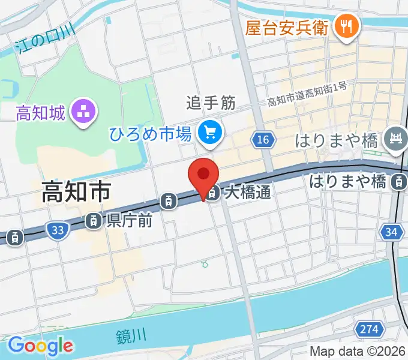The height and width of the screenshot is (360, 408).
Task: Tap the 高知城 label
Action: point(40,112)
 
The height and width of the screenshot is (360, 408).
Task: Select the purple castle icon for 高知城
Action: point(83,112)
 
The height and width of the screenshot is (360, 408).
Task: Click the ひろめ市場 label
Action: point(150,133)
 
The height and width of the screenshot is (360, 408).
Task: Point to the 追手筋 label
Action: point(210,104)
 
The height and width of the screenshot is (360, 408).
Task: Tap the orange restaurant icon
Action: point(346,26)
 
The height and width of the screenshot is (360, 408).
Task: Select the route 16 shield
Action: point(262,140)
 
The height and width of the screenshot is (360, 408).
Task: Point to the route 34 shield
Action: point(392,231)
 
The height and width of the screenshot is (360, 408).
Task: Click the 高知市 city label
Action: point(76,192)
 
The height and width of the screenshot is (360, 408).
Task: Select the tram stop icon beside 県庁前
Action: point(93,221)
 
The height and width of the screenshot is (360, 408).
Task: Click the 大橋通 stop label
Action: point(248,193)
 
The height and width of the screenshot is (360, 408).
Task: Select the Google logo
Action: point(40,346)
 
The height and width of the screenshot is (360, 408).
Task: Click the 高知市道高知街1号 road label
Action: point(307,94)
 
